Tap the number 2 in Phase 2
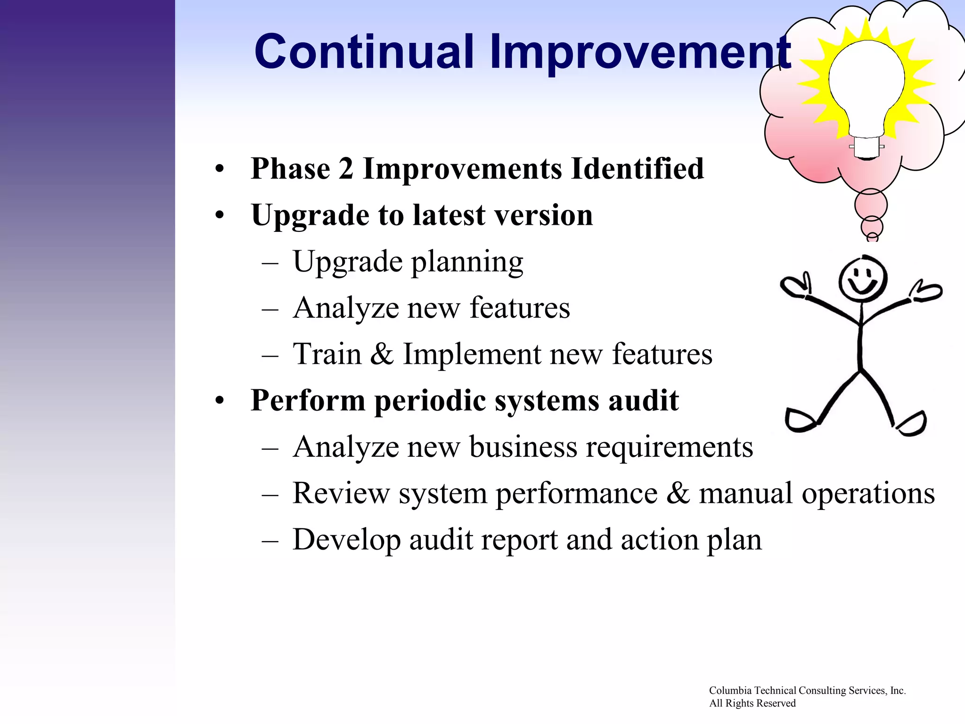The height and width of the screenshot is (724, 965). pyautogui.click(x=346, y=169)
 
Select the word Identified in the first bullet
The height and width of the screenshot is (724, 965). pyautogui.click(x=637, y=169)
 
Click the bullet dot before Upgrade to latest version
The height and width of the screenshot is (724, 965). pyautogui.click(x=220, y=215)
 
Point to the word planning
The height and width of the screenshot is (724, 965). pyautogui.click(x=467, y=263)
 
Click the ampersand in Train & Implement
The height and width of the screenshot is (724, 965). pyautogui.click(x=382, y=354)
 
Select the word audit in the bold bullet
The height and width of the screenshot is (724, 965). pyautogui.click(x=643, y=400)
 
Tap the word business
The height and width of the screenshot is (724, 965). pyautogui.click(x=523, y=447)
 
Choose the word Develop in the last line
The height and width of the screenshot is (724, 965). pyautogui.click(x=346, y=540)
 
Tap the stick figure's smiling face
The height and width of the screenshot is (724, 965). pyautogui.click(x=862, y=279)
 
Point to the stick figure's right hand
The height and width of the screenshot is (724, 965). pyautogui.click(x=795, y=287)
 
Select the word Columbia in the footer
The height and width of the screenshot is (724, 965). pyautogui.click(x=730, y=691)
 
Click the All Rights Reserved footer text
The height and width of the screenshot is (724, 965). pyautogui.click(x=752, y=703)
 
